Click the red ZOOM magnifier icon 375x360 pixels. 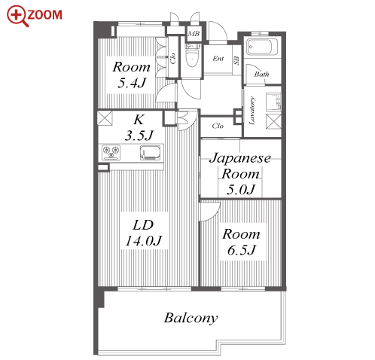point(17,16)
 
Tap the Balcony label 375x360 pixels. point(191,319)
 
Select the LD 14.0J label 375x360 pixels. point(144,233)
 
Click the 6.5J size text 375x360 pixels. point(242,250)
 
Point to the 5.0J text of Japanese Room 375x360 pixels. point(241,189)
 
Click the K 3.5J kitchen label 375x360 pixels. point(139,127)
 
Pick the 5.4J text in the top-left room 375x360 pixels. point(132,83)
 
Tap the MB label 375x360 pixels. point(194,34)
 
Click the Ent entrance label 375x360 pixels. point(218,59)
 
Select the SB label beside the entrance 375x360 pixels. point(236,60)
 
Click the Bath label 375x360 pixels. point(261,74)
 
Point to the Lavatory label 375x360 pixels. point(252,111)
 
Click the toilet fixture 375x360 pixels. point(193,56)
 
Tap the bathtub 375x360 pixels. point(262,47)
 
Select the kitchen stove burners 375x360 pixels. point(111,152)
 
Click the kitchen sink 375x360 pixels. point(151,153)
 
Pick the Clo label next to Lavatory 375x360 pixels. point(218,126)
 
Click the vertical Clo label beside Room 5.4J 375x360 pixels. point(172,58)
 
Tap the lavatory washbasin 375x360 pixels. point(273,102)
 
